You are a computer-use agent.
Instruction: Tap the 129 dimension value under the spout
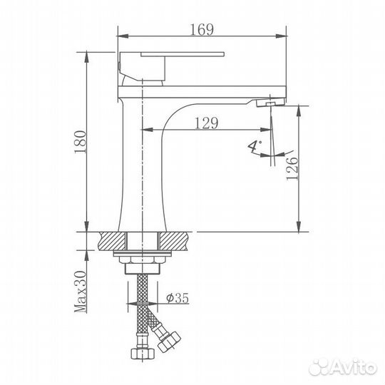click(x=206, y=123)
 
